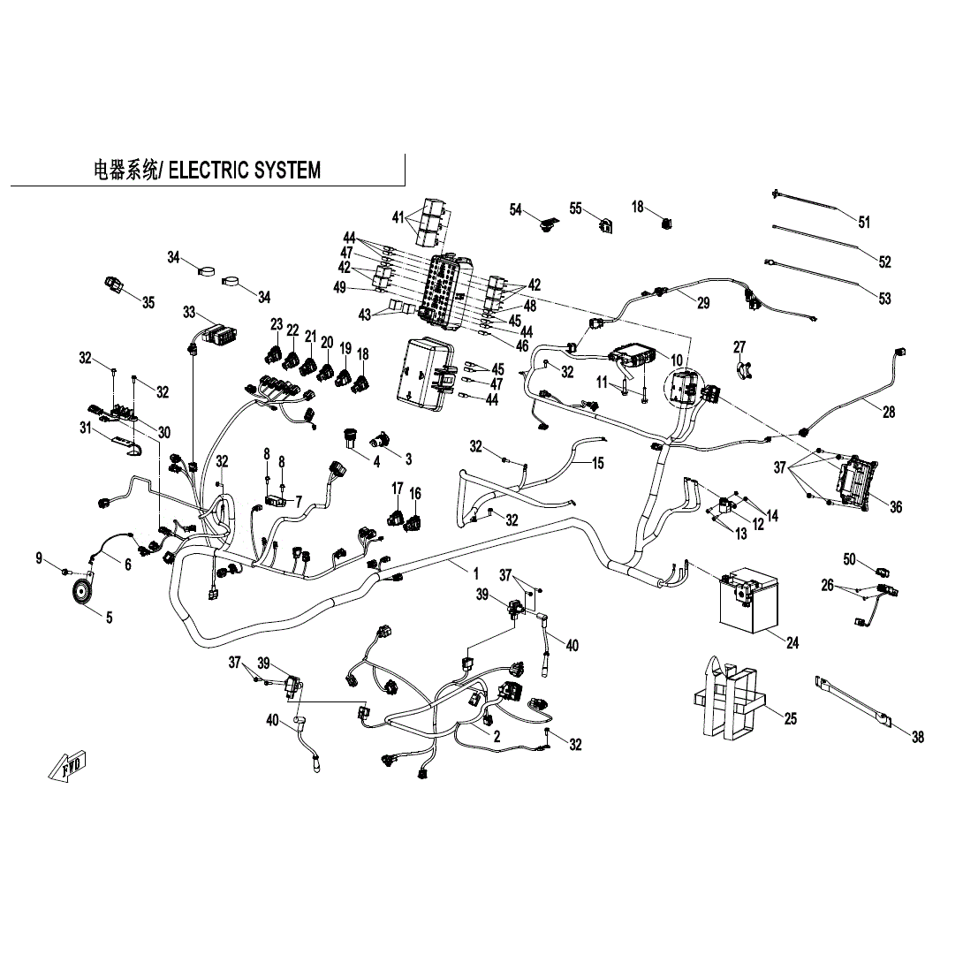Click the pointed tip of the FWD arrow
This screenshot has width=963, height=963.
pos(49,777)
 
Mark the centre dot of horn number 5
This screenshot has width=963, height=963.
pos(80,592)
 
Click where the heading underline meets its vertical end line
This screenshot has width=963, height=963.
pos(405,185)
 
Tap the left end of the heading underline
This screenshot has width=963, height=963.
pos(11,185)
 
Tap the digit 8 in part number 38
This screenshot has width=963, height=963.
pos(921,737)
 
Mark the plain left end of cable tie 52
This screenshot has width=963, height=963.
pos(774,227)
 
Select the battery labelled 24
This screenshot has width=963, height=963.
pos(750,600)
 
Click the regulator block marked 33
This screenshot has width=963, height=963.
pos(221,334)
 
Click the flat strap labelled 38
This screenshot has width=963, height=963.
pos(853,700)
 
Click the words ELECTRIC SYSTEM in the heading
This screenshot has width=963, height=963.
pos(245,171)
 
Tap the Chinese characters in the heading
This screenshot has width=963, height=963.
pos(125,171)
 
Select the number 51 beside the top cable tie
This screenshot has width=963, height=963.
pos(864,222)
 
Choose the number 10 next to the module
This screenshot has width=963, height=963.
pos(676,360)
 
